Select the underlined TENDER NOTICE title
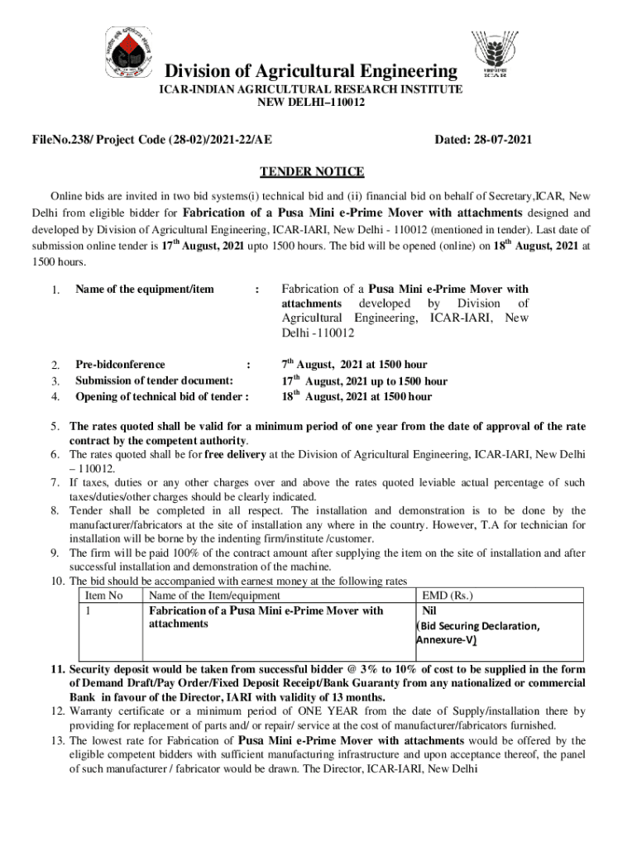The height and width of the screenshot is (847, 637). pyautogui.click(x=312, y=172)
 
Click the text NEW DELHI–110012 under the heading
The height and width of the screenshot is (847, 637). pyautogui.click(x=311, y=103)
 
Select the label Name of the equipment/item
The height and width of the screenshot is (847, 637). pyautogui.click(x=145, y=290)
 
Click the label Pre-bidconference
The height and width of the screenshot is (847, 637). pyautogui.click(x=120, y=365)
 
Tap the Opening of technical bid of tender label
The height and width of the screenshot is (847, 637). pyautogui.click(x=162, y=397)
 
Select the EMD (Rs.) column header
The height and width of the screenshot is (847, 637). pyautogui.click(x=448, y=596)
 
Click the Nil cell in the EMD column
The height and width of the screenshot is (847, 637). pyautogui.click(x=432, y=611)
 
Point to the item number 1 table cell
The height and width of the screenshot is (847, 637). pyautogui.click(x=89, y=611)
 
